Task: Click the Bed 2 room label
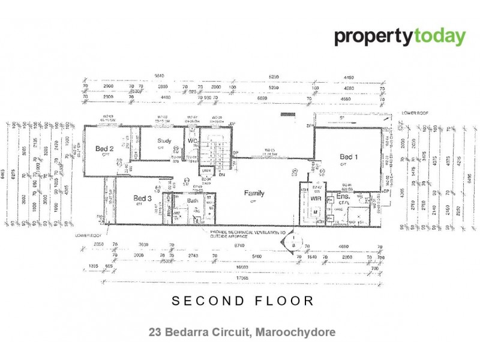pos(104,148)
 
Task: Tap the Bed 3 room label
pos(142,198)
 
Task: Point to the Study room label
pos(164,142)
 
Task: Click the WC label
pos(193,141)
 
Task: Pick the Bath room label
pos(193,201)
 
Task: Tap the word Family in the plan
pos(254,193)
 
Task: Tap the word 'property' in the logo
pos(373,37)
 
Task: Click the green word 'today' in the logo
pos(438,37)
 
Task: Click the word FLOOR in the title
pos(282,301)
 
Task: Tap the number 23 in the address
pos(155,331)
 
